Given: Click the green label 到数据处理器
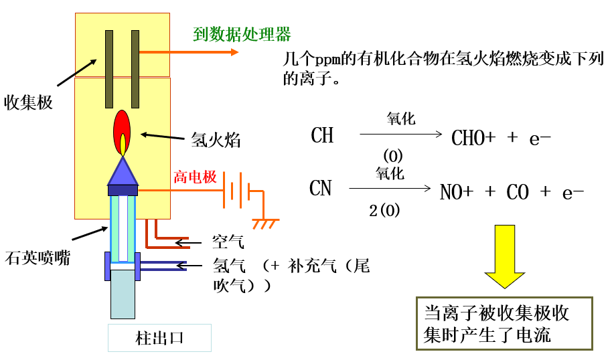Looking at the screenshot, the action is (x=242, y=35).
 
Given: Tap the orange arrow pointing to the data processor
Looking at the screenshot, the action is (x=189, y=52).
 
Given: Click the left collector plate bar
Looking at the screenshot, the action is (x=109, y=69).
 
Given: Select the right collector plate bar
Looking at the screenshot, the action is (x=135, y=69).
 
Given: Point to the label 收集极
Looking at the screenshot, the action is (x=28, y=103).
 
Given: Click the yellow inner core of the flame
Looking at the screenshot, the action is (x=123, y=145).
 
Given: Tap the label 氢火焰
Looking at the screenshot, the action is (x=216, y=140).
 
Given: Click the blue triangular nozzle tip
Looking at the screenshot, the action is (x=123, y=171).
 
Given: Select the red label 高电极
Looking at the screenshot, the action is (x=195, y=177).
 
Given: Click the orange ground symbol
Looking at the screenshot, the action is (x=265, y=223).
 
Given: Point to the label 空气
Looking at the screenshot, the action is (x=228, y=242).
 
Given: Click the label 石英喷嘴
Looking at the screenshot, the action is (x=37, y=258).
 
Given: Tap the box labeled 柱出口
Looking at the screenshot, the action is (x=159, y=338).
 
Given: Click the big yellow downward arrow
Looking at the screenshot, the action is (x=505, y=256).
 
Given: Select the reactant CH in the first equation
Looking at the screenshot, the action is (x=322, y=135).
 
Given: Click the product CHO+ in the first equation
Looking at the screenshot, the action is (x=473, y=138).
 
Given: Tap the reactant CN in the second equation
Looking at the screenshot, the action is (x=321, y=188).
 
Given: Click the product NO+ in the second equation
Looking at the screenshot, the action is (x=457, y=192).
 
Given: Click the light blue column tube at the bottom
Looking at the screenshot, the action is (x=123, y=294).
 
